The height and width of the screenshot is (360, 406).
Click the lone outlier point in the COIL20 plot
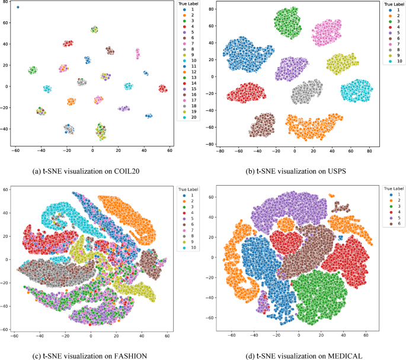point(18,7)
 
